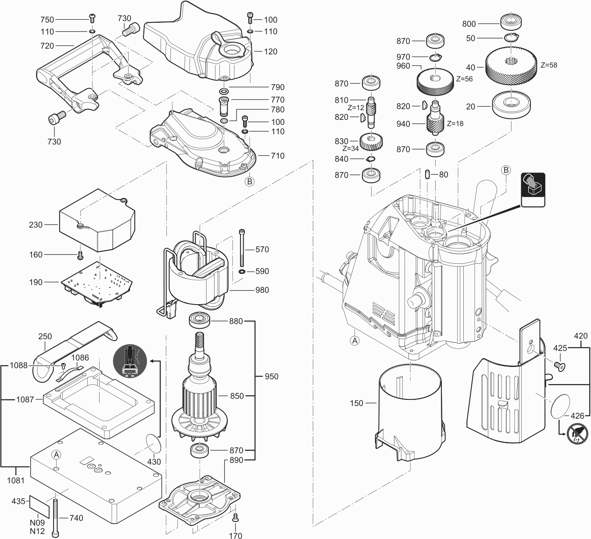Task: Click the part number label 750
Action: click(47, 20)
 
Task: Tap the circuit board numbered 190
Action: click(97, 284)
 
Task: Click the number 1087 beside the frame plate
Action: click(25, 399)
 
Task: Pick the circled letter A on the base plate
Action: click(56, 455)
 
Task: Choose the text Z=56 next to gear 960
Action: click(464, 79)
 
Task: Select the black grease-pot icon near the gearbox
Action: click(533, 190)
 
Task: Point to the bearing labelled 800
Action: click(511, 22)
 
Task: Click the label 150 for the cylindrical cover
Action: click(356, 403)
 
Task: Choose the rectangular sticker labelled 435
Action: click(39, 507)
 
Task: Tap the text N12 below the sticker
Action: click(37, 531)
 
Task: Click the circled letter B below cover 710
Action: click(250, 182)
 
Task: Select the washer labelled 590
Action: click(242, 271)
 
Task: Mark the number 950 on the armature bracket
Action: click(271, 377)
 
